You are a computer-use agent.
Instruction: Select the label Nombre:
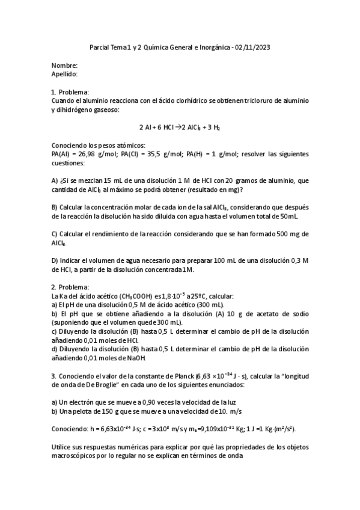(x=64, y=66)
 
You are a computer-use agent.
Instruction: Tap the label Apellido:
(x=65, y=74)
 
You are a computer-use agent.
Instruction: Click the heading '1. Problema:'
(x=70, y=92)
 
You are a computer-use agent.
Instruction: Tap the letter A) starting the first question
(x=55, y=180)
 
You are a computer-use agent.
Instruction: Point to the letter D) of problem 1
(x=55, y=260)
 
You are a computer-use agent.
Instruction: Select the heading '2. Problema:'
(x=70, y=287)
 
